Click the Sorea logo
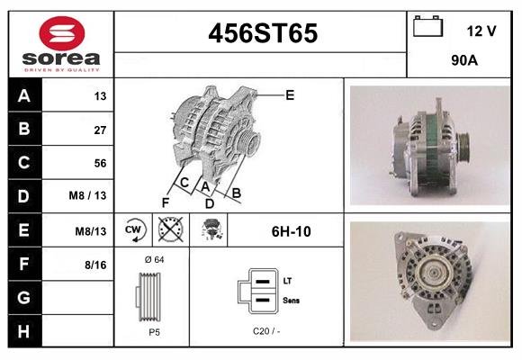pos(61,44)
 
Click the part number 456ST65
pos(263,33)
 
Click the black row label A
pos(24,96)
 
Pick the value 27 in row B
pos(100,130)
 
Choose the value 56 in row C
pos(100,163)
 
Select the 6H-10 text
pos(291,231)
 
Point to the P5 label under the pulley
pos(154,331)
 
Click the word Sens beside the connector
pos(291,300)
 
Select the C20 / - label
pos(266,331)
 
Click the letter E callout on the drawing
pos(290,94)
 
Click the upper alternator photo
pos(429,144)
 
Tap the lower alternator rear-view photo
pos(429,283)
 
